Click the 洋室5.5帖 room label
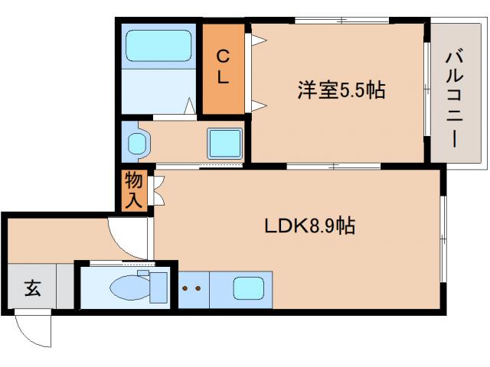click(341, 90)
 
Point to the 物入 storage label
click(133, 192)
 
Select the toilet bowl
click(126, 287)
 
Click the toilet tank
click(158, 286)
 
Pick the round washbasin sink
click(138, 143)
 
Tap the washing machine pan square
click(225, 141)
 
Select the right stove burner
click(198, 289)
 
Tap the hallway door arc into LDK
click(129, 237)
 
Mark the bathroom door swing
click(189, 107)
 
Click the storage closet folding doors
click(158, 191)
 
